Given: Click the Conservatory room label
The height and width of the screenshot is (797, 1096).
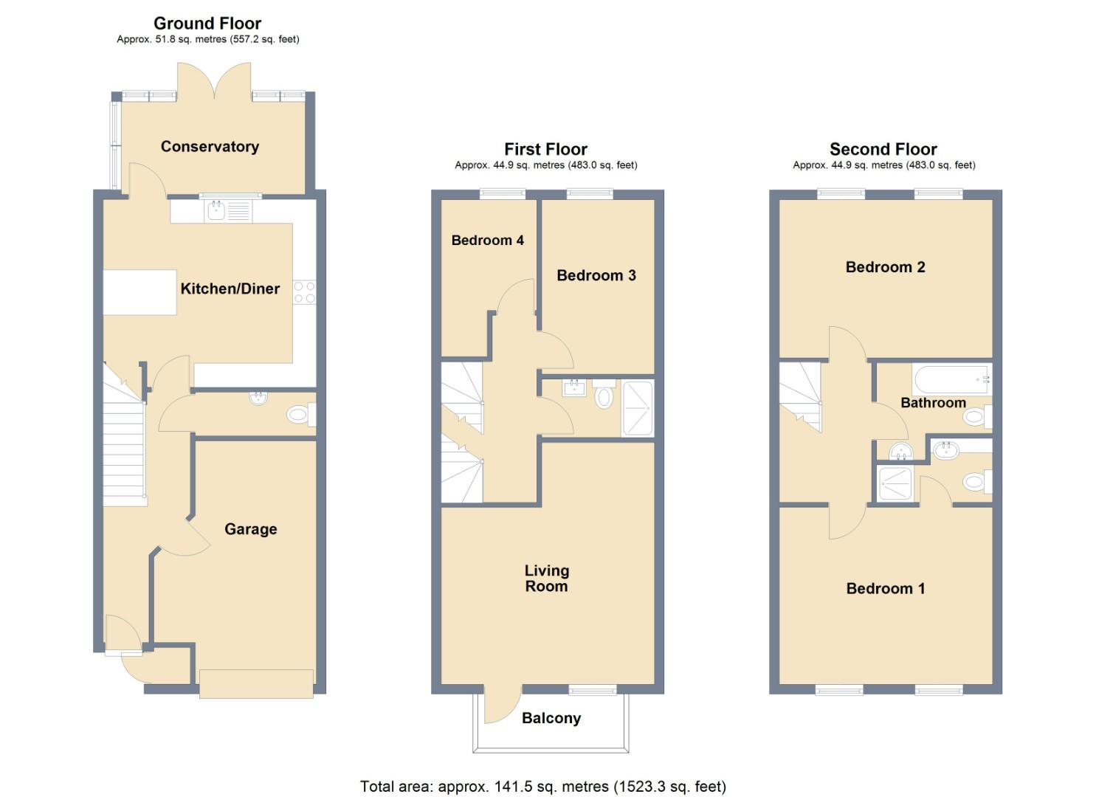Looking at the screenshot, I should tap(210, 146).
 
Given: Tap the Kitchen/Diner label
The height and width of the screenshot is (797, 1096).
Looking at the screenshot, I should tap(230, 289).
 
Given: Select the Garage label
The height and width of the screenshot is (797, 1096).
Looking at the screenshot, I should tap(250, 529).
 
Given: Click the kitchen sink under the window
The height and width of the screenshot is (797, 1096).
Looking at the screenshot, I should tap(216, 212).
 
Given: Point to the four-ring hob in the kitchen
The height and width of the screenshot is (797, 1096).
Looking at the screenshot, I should tap(304, 292).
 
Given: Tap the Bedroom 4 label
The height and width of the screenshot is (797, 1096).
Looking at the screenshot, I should tap(487, 240).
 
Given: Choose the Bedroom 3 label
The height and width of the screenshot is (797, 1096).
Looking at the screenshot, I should tap(596, 275).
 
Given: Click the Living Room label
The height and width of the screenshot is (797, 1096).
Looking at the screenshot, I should tap(546, 578).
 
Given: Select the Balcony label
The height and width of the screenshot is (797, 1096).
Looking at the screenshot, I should tap(551, 718).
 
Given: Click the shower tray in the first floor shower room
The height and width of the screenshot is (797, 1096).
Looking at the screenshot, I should tap(638, 407).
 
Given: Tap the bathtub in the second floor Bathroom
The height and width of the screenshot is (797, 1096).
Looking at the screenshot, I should tap(951, 379).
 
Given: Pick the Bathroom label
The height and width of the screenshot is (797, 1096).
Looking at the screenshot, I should tap(933, 402).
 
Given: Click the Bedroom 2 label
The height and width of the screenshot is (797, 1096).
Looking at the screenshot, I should tap(885, 267).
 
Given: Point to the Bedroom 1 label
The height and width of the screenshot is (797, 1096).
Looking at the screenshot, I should tap(885, 588).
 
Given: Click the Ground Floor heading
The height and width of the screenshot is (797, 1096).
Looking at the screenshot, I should tap(207, 23).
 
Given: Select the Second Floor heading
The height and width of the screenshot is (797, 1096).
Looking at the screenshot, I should tap(883, 149).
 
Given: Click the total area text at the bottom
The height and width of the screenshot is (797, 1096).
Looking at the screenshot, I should tap(542, 786).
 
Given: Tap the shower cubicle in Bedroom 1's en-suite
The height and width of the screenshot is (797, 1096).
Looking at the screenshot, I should tap(895, 483).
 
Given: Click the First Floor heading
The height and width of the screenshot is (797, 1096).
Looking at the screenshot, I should tap(545, 149).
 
